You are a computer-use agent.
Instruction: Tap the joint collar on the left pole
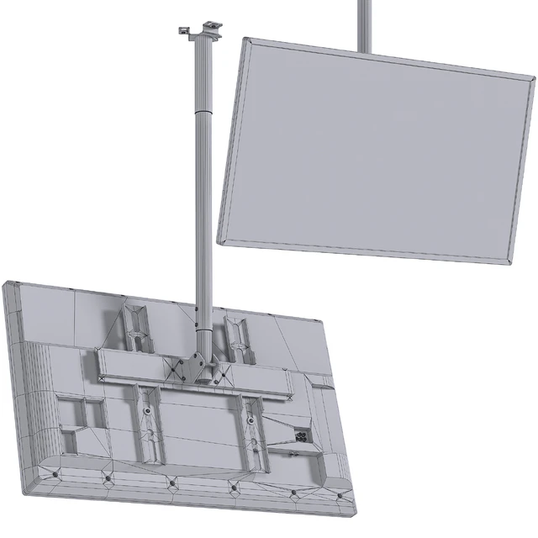click(203, 111)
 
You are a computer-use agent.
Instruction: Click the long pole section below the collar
click(203, 219)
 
